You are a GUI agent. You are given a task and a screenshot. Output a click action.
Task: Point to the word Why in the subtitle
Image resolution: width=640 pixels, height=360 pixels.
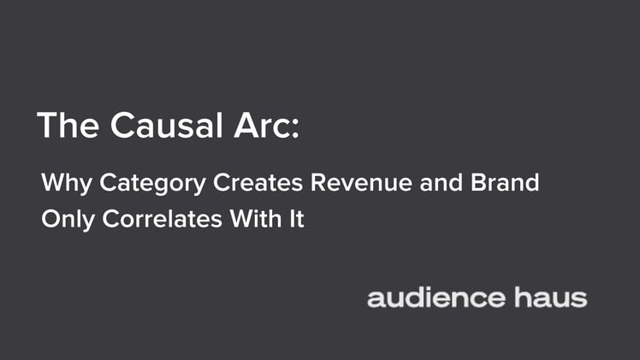point(66,183)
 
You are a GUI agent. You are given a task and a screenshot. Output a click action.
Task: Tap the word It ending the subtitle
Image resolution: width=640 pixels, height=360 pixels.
point(296,219)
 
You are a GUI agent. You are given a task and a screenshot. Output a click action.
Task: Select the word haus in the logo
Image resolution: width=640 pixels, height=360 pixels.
point(551,298)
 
